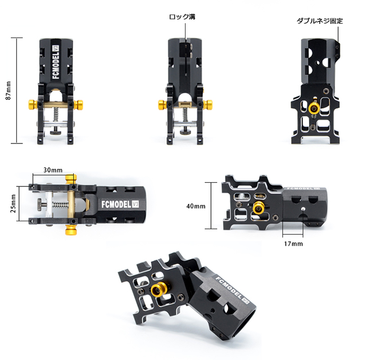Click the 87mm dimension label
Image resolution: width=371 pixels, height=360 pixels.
(x=8, y=91)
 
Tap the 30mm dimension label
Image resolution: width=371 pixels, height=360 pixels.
(x=53, y=170)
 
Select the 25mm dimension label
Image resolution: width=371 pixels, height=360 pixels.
(x=13, y=204)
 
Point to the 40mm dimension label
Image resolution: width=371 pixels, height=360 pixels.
(x=196, y=206)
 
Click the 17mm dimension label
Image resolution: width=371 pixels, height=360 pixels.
(x=294, y=244)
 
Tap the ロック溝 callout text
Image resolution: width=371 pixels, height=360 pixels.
(x=182, y=17)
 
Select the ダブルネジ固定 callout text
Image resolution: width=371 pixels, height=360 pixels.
(x=320, y=21)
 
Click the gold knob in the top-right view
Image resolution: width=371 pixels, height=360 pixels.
(x=314, y=109)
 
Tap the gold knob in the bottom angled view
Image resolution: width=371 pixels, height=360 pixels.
(x=158, y=289)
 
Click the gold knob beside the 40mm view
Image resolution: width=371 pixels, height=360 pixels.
(x=259, y=208)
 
